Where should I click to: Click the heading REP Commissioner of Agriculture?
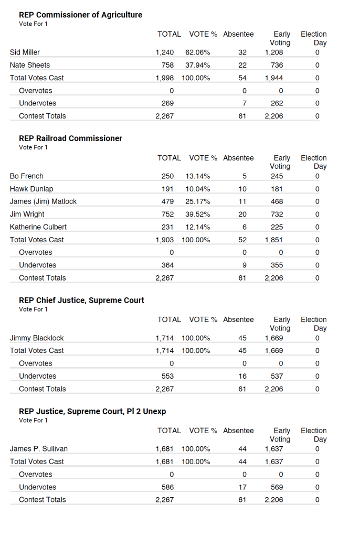click(x=80, y=15)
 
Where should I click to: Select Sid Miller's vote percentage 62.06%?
click(x=198, y=52)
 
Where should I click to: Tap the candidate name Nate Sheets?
click(x=30, y=65)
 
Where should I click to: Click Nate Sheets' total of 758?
click(x=167, y=65)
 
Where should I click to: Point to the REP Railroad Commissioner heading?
click(x=70, y=138)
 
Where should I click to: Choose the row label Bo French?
click(x=27, y=176)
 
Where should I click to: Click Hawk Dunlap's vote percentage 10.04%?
click(x=198, y=189)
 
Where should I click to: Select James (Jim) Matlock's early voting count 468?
click(x=277, y=201)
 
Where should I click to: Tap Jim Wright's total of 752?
click(x=167, y=214)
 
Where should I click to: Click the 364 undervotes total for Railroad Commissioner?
click(x=167, y=265)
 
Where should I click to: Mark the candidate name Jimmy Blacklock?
click(x=37, y=338)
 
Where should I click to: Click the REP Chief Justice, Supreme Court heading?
click(x=81, y=300)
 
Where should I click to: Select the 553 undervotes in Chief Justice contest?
click(x=167, y=376)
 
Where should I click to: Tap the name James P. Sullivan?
click(x=39, y=449)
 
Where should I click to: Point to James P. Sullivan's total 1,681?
click(x=165, y=449)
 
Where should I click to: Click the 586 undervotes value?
click(x=167, y=487)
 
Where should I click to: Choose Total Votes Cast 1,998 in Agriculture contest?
click(x=165, y=78)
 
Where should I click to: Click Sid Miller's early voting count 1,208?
click(x=274, y=52)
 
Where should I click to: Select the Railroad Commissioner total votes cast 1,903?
click(x=165, y=240)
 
